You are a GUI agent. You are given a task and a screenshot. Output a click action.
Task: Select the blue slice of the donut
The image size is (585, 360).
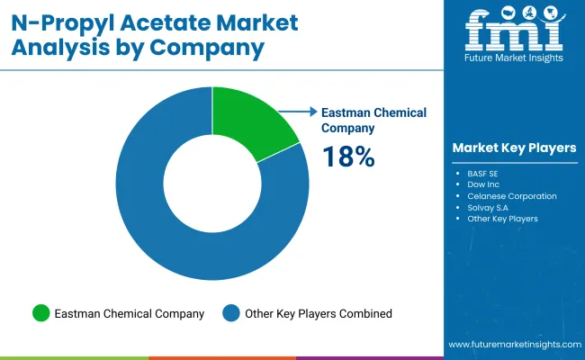pos(180,243)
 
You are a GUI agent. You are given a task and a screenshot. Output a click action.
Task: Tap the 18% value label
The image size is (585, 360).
pos(347,157)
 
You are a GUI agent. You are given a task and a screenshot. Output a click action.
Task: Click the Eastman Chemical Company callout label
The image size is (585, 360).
pos(373,120)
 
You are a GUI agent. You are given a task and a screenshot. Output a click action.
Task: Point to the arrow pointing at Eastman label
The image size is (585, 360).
pos(298,112)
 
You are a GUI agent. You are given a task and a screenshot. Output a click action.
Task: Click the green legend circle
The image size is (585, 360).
pos(40,313)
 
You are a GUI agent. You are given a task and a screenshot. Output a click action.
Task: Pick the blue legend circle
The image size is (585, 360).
pos(231,313)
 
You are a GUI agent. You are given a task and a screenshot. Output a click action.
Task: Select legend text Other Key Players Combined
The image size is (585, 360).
pos(318,314)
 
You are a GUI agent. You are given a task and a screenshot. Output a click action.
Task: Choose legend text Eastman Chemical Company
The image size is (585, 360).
pos(130,314)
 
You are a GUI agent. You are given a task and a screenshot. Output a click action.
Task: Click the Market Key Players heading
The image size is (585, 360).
pos(514,148)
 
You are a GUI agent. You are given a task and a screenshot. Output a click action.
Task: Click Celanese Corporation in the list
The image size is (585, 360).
pos(511,195)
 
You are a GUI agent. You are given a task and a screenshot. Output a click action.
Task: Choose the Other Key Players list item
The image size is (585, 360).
pos(502,219)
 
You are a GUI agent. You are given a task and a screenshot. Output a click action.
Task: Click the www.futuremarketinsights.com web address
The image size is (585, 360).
pos(513,346)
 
